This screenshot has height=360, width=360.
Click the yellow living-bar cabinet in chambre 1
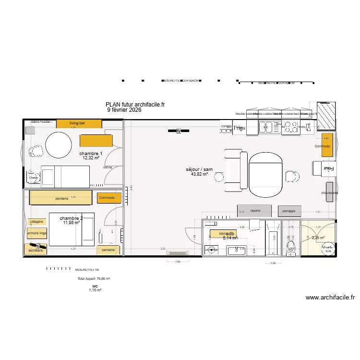(79, 123)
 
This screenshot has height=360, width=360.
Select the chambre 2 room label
(71, 218)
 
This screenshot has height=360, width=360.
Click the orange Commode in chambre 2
(107, 198)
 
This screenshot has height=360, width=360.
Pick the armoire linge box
(36, 233)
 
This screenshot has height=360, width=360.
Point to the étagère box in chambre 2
(36, 222)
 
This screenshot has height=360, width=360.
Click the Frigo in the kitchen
(239, 128)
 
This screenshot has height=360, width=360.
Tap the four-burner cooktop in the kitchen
(290, 127)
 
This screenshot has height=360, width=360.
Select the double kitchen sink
(269, 127)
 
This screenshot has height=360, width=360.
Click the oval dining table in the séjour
(265, 175)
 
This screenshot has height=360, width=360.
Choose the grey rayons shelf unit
(255, 211)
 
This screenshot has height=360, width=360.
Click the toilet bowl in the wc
(290, 247)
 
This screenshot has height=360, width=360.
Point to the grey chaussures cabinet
(329, 192)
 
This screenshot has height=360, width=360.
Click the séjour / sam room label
(199, 169)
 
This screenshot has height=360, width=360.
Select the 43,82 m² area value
(199, 175)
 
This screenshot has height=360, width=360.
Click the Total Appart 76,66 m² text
(94, 278)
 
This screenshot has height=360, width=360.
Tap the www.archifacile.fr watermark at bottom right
(333, 298)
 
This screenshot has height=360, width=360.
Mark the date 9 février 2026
(124, 110)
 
